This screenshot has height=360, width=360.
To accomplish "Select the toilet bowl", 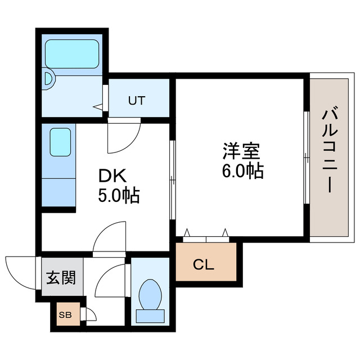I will (149, 293).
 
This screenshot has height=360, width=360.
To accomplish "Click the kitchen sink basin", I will (60, 143).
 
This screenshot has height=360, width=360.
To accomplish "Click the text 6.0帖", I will (242, 170).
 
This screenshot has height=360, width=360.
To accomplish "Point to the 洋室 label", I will (241, 151).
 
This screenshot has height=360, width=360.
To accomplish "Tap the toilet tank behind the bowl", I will (149, 316).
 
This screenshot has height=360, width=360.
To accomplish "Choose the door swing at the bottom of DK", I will (110, 236).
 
